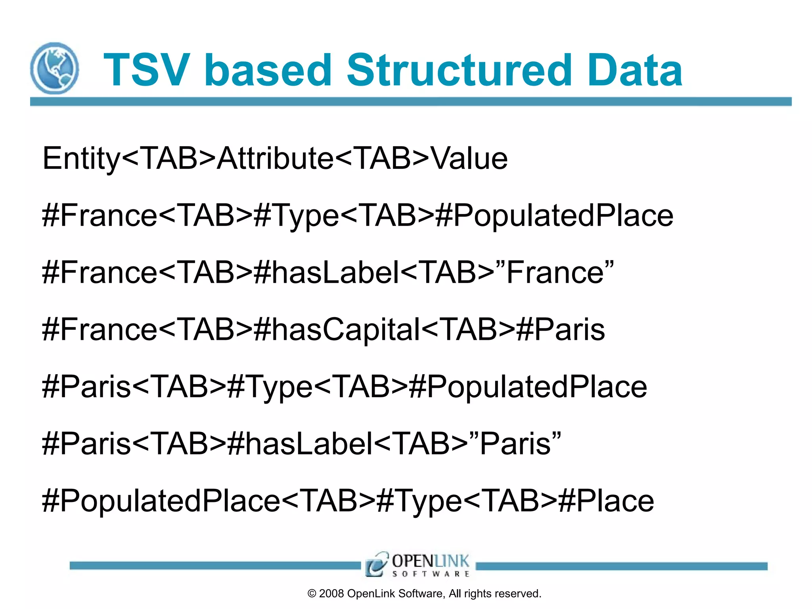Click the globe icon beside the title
(55, 68)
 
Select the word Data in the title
(635, 71)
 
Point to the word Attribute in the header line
(275, 159)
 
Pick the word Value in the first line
(469, 159)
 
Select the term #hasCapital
(337, 330)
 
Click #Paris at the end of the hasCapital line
(560, 330)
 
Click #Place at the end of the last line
(606, 501)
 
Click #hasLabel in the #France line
(326, 273)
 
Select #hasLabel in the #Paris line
(300, 444)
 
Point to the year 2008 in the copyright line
(331, 594)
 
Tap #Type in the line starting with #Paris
(270, 387)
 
